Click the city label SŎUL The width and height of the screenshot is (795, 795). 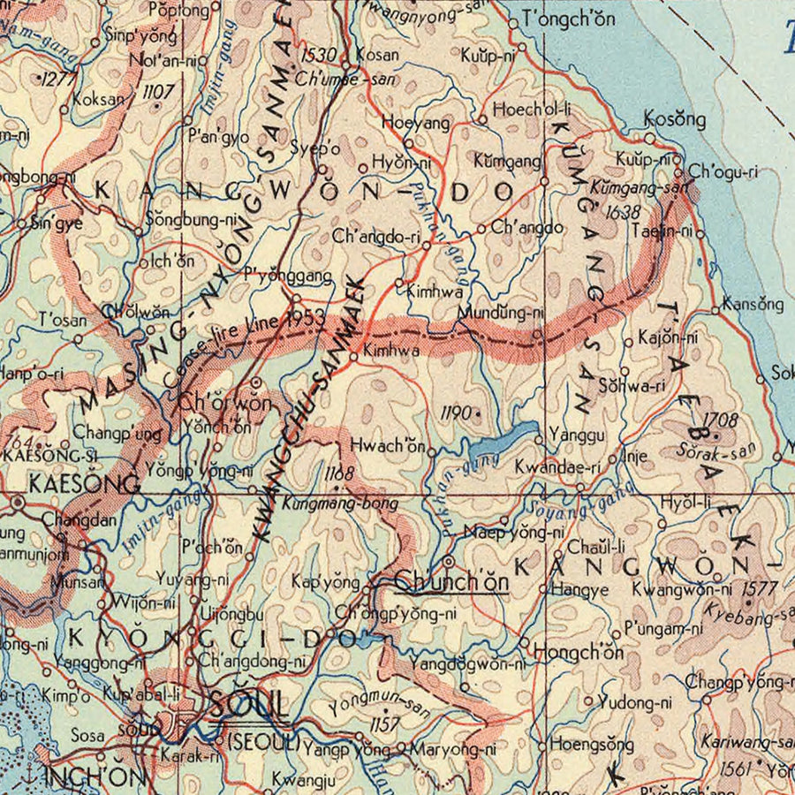coord(250,705)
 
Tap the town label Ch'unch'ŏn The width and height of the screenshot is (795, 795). coord(450,581)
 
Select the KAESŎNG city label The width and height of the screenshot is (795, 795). coord(84,484)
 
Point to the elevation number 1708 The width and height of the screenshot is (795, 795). coord(720,420)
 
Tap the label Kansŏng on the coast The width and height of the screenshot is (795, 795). coord(752,304)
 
